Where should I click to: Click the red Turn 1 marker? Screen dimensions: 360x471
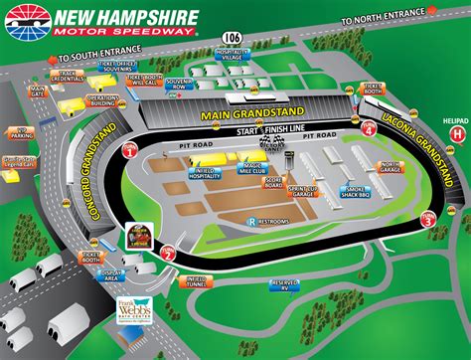tap(130, 151)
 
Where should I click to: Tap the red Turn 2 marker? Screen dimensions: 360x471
tap(169, 254)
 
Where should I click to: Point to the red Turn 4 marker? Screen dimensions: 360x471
tap(370, 129)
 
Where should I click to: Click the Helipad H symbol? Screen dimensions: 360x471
tap(456, 132)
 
